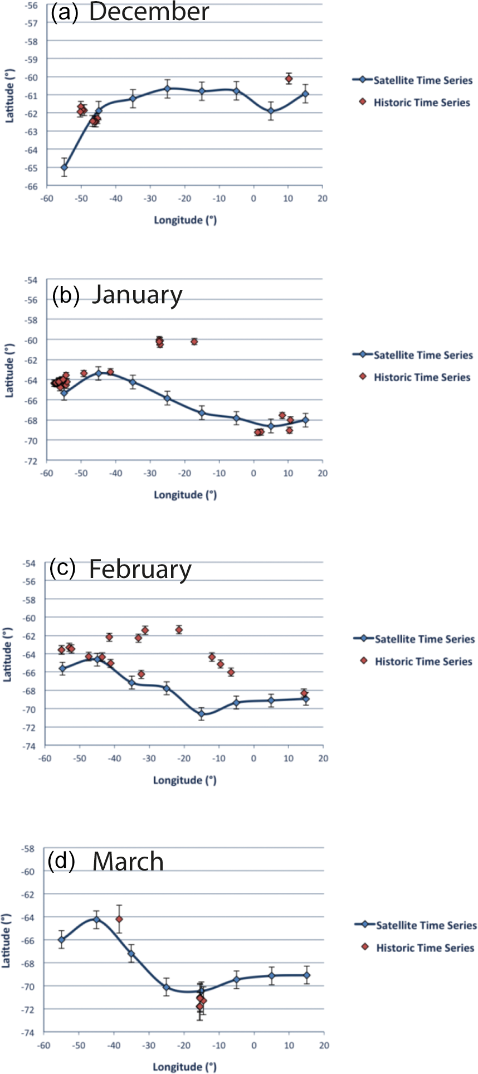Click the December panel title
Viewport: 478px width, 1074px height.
[x=130, y=12]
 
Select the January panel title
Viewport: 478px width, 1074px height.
[x=118, y=294]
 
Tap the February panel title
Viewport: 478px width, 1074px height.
[x=120, y=569]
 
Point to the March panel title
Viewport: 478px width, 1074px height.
[x=106, y=861]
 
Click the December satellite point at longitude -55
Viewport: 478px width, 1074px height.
[x=64, y=167]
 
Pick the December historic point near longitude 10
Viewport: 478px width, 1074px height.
[x=289, y=79]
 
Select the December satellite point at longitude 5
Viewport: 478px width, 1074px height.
[x=271, y=111]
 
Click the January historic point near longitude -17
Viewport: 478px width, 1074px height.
[x=194, y=341]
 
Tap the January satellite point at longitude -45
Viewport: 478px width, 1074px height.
[x=99, y=373]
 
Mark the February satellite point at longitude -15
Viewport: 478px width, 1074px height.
[x=202, y=713]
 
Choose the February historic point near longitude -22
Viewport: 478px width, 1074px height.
[x=179, y=630]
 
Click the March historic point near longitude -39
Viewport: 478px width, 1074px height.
[x=119, y=919]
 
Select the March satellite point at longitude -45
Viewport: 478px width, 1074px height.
[x=96, y=919]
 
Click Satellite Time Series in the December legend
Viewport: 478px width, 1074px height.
[x=422, y=80]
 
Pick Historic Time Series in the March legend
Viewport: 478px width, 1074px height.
[x=425, y=947]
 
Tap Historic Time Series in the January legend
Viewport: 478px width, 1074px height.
[x=422, y=377]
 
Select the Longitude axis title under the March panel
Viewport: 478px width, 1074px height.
[x=184, y=1066]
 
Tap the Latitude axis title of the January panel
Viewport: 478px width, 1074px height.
[x=9, y=370]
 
